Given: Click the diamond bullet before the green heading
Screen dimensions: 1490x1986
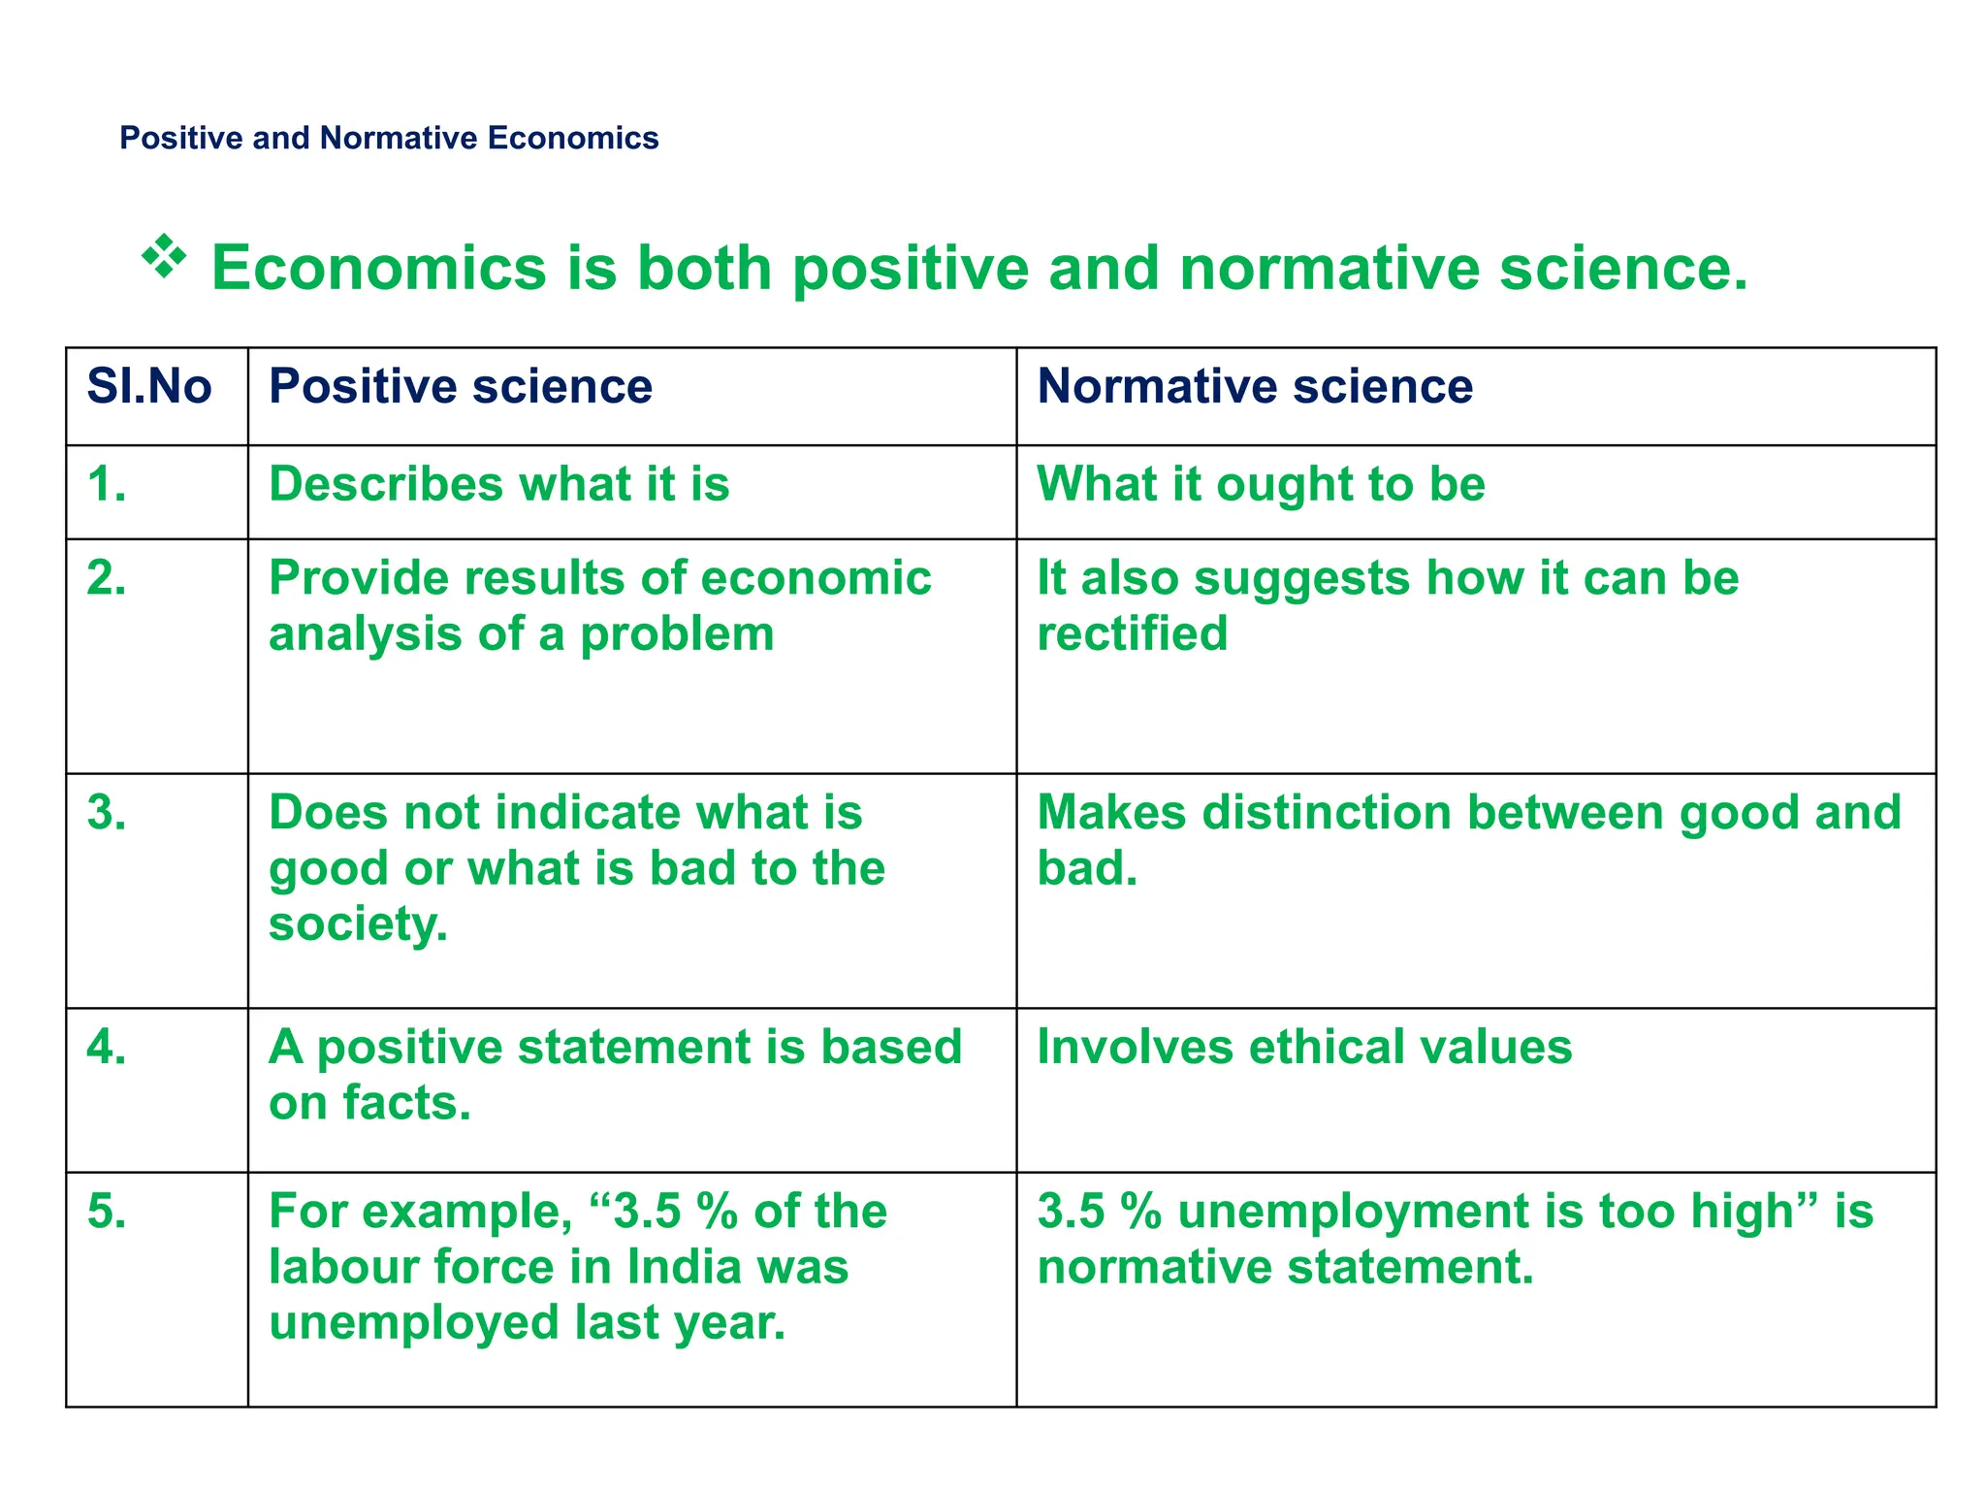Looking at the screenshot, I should click(x=164, y=256).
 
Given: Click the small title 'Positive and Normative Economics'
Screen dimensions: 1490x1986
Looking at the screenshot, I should click(x=389, y=138).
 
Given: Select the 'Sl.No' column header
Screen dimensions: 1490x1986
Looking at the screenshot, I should click(x=149, y=387).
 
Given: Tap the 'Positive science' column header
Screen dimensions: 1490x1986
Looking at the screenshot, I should click(x=461, y=387).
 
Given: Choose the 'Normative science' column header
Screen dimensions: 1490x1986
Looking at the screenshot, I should click(x=1255, y=387).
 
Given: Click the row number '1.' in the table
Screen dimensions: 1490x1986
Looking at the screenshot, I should click(x=107, y=484).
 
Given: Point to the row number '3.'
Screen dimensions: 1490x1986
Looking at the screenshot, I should click(x=107, y=813).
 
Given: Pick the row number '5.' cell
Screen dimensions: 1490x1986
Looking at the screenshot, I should click(x=107, y=1212).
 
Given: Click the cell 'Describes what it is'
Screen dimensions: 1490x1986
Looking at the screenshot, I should click(x=498, y=484).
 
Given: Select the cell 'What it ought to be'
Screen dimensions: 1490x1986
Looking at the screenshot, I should click(x=1261, y=484).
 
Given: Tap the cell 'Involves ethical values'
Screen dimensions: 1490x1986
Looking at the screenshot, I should click(x=1304, y=1048).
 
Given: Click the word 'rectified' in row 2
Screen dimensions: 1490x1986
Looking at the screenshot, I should click(x=1132, y=634).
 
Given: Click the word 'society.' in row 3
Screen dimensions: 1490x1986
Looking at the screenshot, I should click(x=358, y=924).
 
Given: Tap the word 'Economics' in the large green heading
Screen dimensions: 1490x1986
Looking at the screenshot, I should click(x=379, y=269).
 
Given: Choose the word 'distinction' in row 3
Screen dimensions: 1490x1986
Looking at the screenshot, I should click(x=1336, y=813).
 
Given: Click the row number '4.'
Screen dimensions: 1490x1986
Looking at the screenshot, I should click(x=107, y=1048).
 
